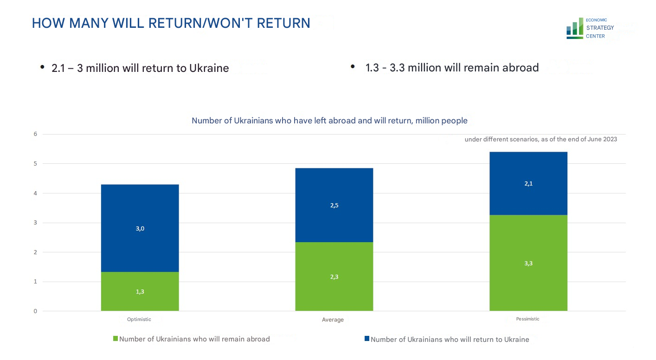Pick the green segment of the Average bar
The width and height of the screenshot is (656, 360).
point(334,288)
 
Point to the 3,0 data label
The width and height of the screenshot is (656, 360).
point(140,228)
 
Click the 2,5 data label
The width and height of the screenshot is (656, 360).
point(334,206)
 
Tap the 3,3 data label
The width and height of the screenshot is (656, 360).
point(528,264)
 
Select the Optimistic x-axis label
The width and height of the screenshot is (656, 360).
point(139,319)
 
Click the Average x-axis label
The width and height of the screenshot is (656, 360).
point(333,320)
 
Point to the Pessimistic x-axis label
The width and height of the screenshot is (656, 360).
point(528,319)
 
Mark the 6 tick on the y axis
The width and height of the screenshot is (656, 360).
point(35,134)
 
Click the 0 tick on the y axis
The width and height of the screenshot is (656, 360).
point(35,311)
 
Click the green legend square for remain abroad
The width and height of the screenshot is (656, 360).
point(116,339)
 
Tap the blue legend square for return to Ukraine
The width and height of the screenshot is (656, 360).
point(367,339)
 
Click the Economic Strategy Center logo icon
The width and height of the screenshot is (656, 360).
point(574,29)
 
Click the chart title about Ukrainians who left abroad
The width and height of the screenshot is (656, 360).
point(329,121)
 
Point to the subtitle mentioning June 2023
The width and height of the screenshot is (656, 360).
point(540,139)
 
